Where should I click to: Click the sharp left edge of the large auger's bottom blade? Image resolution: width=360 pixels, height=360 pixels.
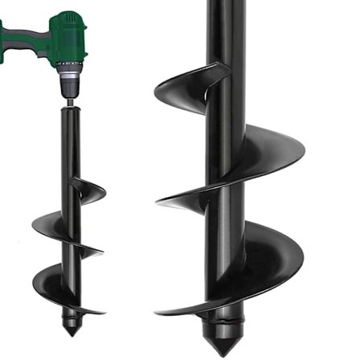[159, 312]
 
